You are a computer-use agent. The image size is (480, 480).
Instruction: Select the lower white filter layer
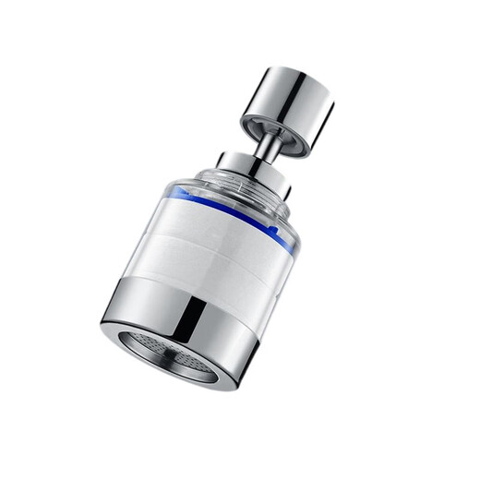[198, 268]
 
